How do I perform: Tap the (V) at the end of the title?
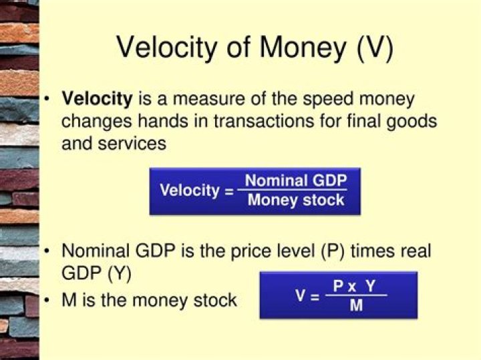375,49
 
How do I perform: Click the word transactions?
264,121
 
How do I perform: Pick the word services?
132,144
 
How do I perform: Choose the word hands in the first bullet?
163,121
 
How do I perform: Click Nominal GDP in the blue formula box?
296,180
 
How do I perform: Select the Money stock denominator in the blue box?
296,200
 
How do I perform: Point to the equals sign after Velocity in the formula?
229,192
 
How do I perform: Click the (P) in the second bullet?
333,251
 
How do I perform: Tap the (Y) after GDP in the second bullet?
120,274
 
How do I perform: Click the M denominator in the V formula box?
356,305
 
